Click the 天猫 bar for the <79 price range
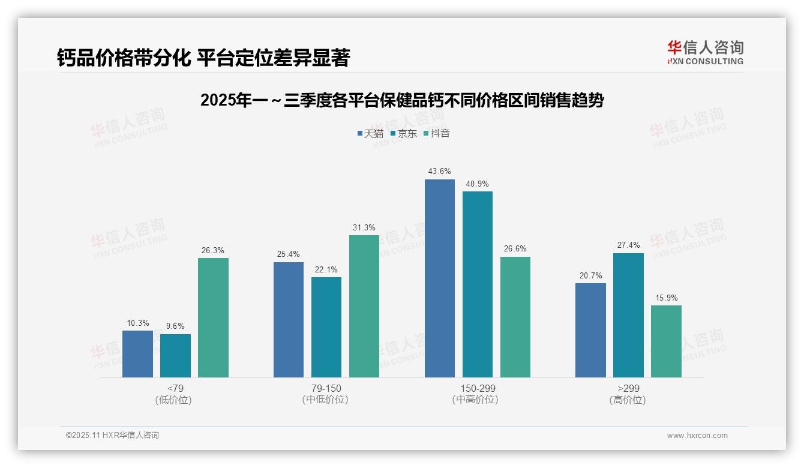coord(137,354)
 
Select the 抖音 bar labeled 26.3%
coord(213,318)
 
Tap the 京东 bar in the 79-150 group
coord(326,327)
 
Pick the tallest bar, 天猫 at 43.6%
coord(440,278)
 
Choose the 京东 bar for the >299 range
coord(628,315)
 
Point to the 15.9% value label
coord(666,298)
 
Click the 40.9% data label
coord(478,184)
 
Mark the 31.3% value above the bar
coord(364,228)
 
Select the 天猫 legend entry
coord(370,134)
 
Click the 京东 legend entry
coord(403,134)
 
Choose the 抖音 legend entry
coord(436,134)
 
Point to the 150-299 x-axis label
coord(478,389)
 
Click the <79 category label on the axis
coord(175,389)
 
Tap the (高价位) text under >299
coord(628,400)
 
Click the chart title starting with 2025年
coord(401,101)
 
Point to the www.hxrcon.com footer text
coord(697,436)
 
